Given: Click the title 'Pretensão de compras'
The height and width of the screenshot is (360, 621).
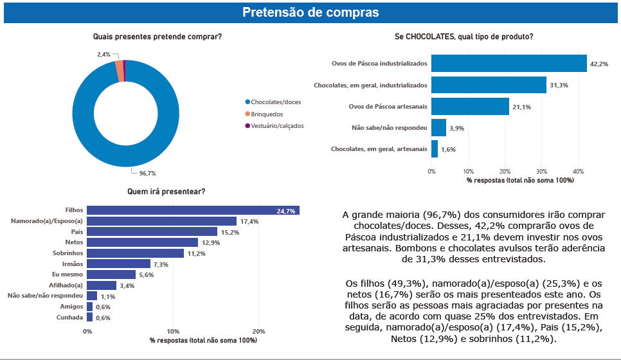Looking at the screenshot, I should click(310, 12).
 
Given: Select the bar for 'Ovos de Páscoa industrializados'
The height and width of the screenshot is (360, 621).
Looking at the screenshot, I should click(509, 63).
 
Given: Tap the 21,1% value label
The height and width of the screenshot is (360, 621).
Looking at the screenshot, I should click(521, 107).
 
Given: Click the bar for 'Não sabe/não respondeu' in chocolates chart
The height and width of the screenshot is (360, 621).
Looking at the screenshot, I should click(438, 127).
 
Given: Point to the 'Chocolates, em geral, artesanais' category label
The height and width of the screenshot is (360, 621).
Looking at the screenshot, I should click(378, 148).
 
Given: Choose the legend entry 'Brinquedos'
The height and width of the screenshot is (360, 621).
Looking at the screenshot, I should click(266, 114).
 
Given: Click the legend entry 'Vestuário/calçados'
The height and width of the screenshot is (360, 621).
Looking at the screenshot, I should click(276, 126).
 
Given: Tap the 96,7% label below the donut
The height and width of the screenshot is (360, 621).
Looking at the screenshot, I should click(147, 173).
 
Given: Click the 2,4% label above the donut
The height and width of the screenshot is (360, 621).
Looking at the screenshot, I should click(104, 55).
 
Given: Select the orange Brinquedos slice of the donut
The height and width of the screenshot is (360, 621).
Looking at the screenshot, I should click(120, 71).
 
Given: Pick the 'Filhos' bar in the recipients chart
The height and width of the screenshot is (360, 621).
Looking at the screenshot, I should click(193, 210).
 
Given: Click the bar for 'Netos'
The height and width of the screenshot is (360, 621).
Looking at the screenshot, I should click(142, 242).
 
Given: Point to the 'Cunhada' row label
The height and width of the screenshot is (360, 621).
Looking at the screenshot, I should click(69, 317).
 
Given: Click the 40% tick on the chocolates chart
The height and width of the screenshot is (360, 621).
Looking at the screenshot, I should click(579, 172).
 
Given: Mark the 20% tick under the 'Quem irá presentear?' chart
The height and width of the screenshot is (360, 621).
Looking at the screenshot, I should click(259, 331).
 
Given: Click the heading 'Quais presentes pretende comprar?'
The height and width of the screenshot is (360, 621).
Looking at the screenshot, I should click(157, 37).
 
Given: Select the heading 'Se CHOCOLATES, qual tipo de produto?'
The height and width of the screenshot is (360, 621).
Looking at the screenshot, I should click(464, 37).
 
